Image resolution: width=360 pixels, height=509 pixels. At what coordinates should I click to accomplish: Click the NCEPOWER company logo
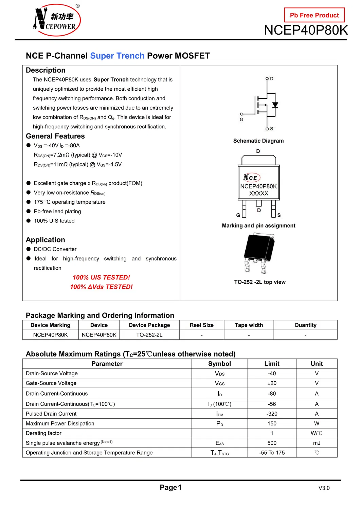(x=57, y=20)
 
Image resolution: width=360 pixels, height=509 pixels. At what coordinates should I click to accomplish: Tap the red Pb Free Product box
(x=314, y=15)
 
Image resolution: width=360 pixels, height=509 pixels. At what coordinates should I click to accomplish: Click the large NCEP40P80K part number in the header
(x=306, y=30)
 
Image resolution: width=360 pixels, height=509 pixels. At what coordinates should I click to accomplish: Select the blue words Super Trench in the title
(x=117, y=56)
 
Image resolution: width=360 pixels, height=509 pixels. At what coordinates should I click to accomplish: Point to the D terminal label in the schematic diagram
(x=272, y=79)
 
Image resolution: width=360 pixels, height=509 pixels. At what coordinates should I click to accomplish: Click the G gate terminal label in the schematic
(x=241, y=120)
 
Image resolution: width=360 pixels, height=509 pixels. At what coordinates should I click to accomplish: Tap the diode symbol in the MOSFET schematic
(x=275, y=105)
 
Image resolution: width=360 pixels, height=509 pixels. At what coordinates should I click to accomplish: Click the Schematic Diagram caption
(x=258, y=141)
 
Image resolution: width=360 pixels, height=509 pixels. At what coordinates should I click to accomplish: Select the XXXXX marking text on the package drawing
(x=258, y=194)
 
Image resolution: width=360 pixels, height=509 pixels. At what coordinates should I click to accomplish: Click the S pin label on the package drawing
(x=279, y=215)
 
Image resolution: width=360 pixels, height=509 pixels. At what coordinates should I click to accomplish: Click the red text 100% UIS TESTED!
(x=101, y=277)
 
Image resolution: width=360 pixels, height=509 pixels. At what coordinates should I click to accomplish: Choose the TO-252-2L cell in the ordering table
(x=149, y=335)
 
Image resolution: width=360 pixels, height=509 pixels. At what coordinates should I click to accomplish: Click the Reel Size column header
(x=201, y=325)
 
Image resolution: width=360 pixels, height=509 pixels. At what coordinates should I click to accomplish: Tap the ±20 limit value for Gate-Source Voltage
(x=272, y=383)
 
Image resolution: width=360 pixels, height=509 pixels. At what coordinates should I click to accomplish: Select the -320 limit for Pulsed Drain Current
(x=272, y=414)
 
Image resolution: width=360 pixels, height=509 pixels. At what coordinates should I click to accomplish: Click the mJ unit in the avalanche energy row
(x=317, y=443)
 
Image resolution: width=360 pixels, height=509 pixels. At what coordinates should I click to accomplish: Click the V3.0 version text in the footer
(x=324, y=488)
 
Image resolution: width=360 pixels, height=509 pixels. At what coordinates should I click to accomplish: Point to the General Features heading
(x=55, y=136)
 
